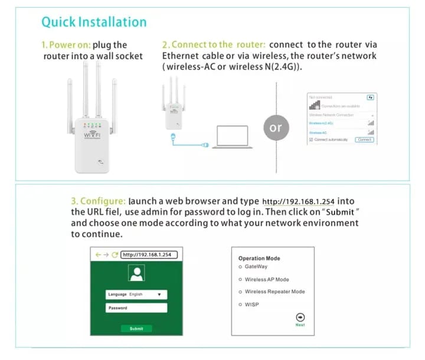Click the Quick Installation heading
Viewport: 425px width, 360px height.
(x=94, y=22)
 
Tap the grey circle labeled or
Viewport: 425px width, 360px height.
(x=276, y=127)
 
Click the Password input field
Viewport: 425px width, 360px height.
(x=136, y=307)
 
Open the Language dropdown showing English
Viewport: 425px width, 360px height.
(x=136, y=294)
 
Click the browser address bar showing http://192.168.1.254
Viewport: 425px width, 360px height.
(x=149, y=255)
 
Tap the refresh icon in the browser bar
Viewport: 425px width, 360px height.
(x=115, y=255)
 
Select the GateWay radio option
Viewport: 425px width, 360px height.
(x=240, y=267)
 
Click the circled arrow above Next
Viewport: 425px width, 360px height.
(x=300, y=317)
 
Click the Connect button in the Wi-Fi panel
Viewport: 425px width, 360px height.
(x=364, y=139)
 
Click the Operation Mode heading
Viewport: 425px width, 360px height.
(x=259, y=258)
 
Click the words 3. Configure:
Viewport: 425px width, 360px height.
(x=98, y=201)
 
